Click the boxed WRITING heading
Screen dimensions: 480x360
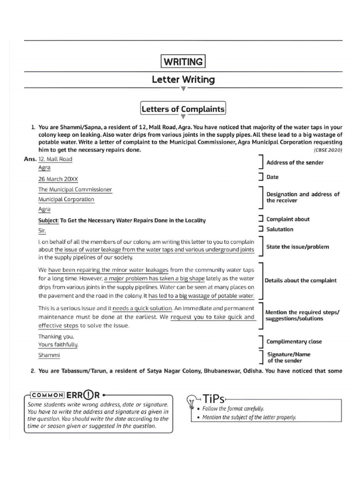click(183, 61)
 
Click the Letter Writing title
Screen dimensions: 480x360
click(183, 79)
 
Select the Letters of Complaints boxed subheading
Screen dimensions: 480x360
click(183, 109)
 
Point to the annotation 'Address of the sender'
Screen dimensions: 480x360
click(295, 163)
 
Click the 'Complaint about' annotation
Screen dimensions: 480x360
click(288, 219)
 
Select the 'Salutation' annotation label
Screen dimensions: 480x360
click(280, 229)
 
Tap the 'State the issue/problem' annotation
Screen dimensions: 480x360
click(297, 247)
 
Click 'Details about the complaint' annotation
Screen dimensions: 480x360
click(300, 280)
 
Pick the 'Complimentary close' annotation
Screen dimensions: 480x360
click(294, 342)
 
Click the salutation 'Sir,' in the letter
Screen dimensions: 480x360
click(43, 231)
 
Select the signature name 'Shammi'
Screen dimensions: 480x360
click(49, 356)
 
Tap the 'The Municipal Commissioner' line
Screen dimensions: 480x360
click(75, 189)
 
